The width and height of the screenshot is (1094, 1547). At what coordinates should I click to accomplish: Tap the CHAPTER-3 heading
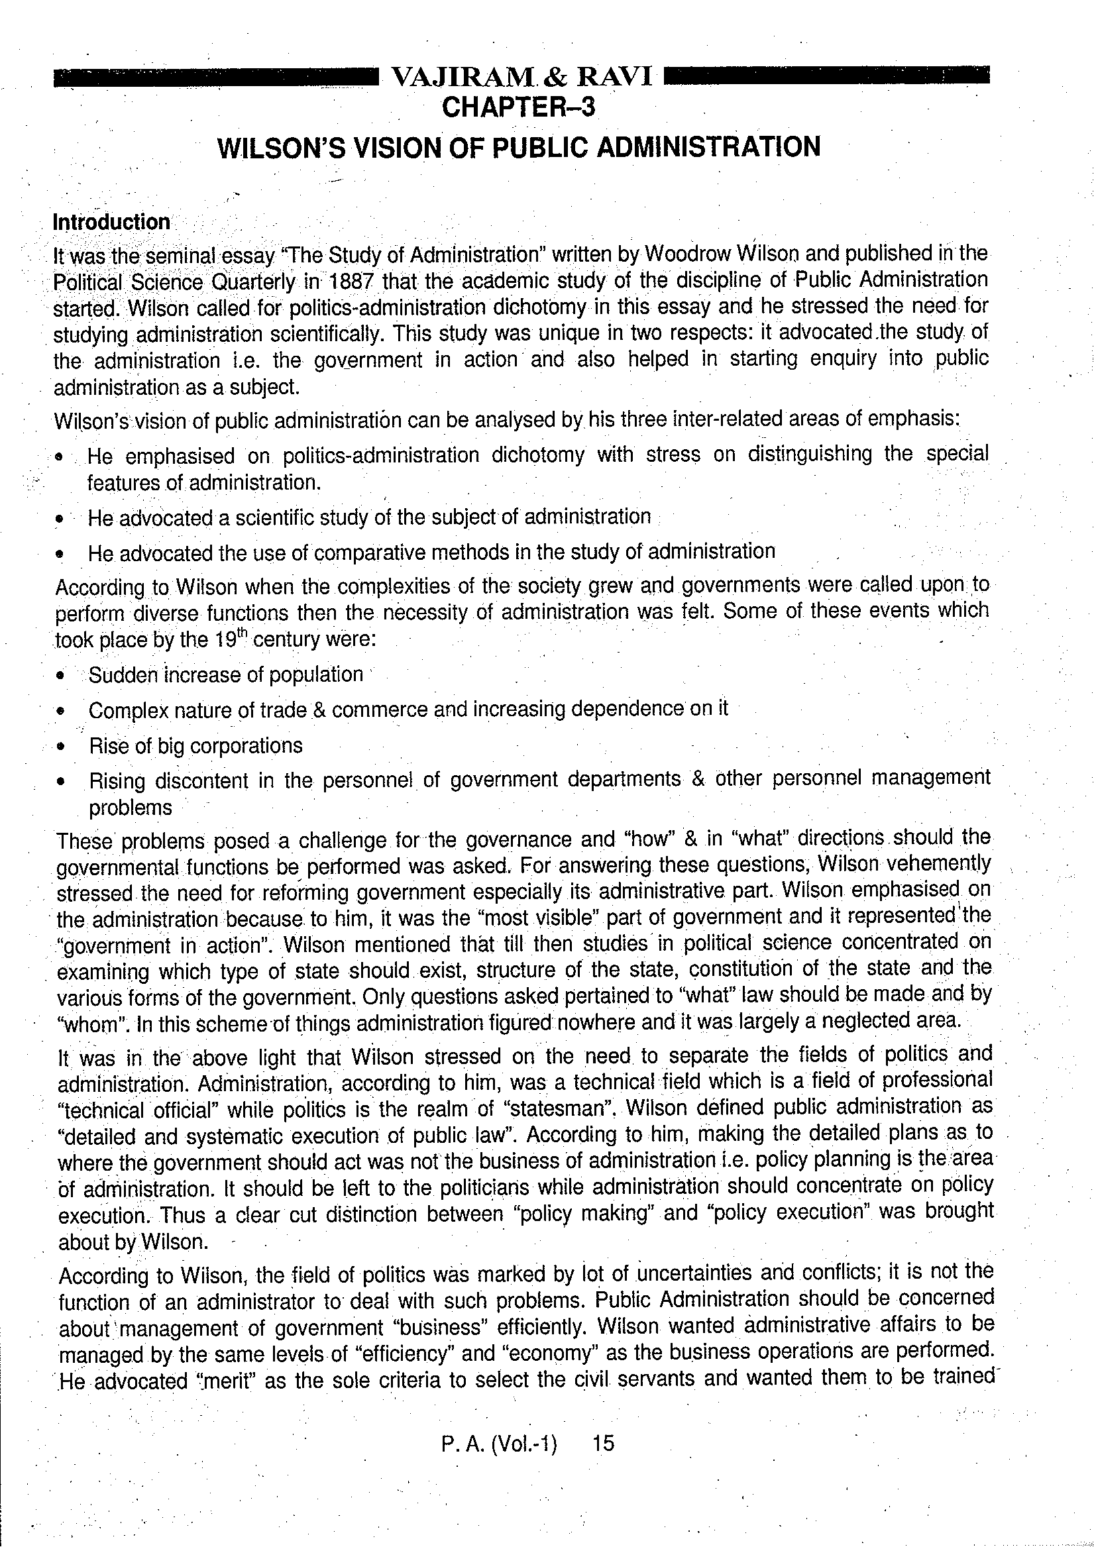pyautogui.click(x=518, y=107)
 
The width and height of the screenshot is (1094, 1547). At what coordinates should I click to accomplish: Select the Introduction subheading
pyautogui.click(x=111, y=222)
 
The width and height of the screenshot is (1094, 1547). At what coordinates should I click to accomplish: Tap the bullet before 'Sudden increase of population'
pyautogui.click(x=62, y=675)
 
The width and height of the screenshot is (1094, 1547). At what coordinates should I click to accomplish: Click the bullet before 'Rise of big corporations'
pyautogui.click(x=62, y=747)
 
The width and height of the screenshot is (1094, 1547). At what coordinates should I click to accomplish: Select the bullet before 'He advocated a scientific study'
pyautogui.click(x=60, y=519)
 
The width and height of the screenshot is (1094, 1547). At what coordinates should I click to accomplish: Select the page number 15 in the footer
pyautogui.click(x=602, y=1442)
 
